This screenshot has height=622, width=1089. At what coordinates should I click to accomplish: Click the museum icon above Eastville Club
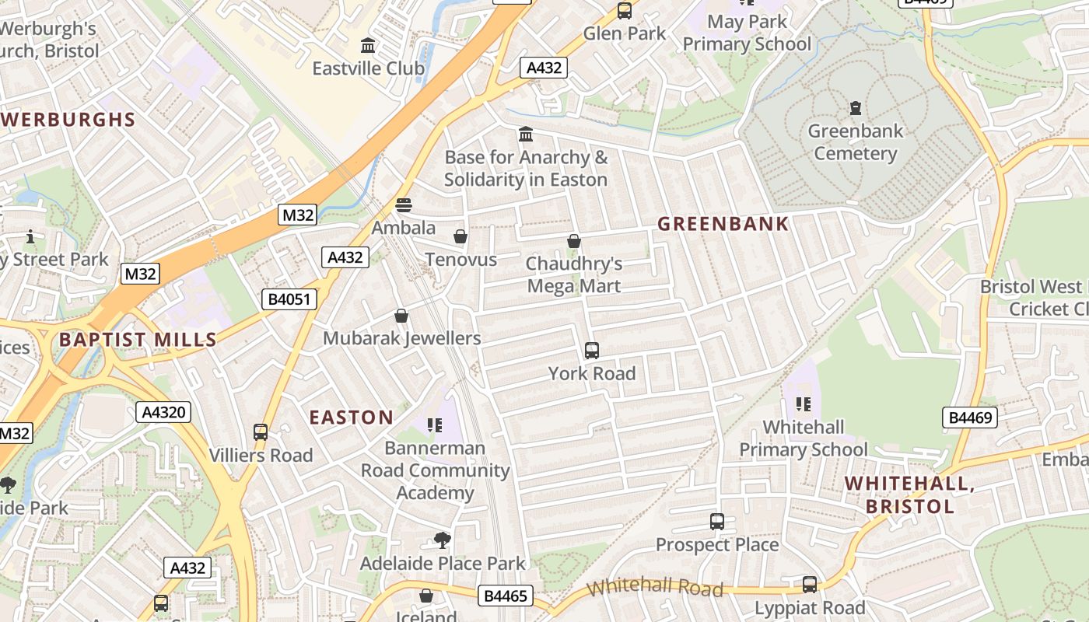(x=368, y=46)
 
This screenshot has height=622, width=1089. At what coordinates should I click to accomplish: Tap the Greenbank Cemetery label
(x=855, y=142)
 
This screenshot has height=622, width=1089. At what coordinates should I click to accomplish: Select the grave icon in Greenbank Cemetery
(x=856, y=107)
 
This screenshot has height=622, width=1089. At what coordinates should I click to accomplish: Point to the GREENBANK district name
(x=723, y=224)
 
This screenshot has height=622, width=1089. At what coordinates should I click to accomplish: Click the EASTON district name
(x=352, y=418)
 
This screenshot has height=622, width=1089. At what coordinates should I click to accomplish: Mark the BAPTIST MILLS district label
(x=138, y=340)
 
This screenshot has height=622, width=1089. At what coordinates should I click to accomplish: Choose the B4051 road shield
(x=289, y=299)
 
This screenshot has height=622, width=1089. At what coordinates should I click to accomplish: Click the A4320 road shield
(x=163, y=412)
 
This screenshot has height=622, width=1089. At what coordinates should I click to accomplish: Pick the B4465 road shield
(x=506, y=596)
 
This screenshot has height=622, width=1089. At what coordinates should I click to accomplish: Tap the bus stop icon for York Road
(x=592, y=351)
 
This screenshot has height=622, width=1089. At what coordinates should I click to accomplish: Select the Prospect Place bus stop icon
(x=717, y=522)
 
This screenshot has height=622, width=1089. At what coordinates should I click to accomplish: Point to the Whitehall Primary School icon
(x=804, y=404)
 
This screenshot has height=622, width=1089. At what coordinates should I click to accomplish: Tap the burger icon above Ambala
(x=403, y=205)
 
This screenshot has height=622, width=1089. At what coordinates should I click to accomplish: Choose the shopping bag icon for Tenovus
(x=460, y=236)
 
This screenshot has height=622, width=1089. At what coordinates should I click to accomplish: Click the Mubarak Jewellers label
(x=401, y=338)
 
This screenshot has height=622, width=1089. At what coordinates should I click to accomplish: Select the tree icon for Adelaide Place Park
(x=443, y=540)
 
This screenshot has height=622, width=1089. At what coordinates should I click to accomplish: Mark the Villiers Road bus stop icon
(x=261, y=432)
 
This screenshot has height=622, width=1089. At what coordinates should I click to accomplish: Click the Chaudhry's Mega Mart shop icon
(x=574, y=241)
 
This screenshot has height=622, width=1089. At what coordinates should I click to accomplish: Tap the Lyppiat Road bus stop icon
(x=810, y=585)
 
